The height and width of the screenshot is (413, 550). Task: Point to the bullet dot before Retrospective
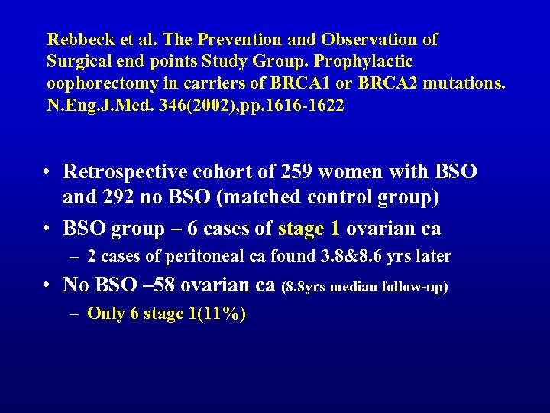pyautogui.click(x=47, y=172)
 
